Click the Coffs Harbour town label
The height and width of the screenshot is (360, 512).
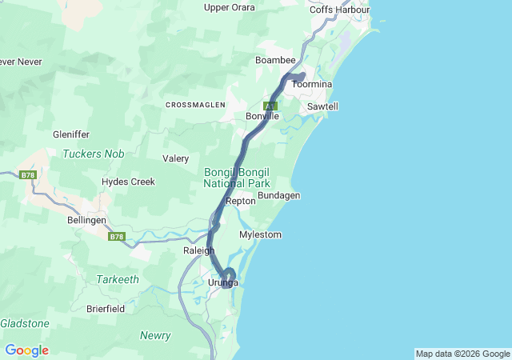coord(339,10)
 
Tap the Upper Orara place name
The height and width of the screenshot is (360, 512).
coord(230,8)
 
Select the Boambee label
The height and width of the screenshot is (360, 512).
coord(275,61)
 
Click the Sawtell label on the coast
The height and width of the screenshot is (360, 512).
coord(322,106)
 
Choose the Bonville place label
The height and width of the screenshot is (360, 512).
coord(262,117)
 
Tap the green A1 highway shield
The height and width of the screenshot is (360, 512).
coord(271,106)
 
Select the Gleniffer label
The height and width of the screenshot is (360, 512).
coord(71,134)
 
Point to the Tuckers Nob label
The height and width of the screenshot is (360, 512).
coord(93,154)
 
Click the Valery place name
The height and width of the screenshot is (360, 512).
coord(175,158)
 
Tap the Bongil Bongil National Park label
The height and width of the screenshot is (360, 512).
coord(237,178)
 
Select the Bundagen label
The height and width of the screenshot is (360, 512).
coord(278,196)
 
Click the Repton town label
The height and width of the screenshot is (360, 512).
coord(241,202)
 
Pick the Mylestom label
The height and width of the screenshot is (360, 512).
coord(261,235)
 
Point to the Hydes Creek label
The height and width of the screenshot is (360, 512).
coord(128,182)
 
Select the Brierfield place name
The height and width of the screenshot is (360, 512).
coord(109,308)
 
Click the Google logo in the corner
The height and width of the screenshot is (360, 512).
coord(26,350)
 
